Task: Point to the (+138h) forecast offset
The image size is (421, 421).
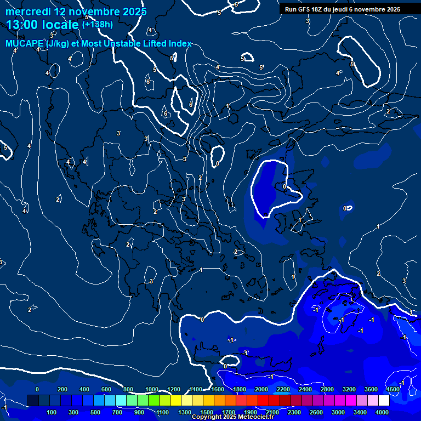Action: pyautogui.click(x=97, y=24)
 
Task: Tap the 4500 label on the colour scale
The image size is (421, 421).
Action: pyautogui.click(x=392, y=389)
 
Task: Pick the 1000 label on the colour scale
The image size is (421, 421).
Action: pyautogui.click(x=152, y=389)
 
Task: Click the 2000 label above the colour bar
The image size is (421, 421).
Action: pyautogui.click(x=261, y=389)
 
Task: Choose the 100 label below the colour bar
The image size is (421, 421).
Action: pyautogui.click(x=52, y=412)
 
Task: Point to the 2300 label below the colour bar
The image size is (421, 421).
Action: pyautogui.click(x=294, y=412)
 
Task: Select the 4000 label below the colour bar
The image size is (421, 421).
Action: pyautogui.click(x=382, y=412)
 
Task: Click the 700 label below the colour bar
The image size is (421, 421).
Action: pyautogui.click(x=117, y=412)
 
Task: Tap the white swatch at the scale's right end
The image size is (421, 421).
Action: pyautogui.click(x=384, y=401)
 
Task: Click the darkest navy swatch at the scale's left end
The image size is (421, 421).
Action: pyautogui.click(x=33, y=401)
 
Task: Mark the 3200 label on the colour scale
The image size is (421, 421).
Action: pyautogui.click(x=349, y=389)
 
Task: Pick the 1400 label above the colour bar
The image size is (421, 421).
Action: pyautogui.click(x=196, y=389)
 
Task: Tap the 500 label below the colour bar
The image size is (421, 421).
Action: pyautogui.click(x=95, y=412)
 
